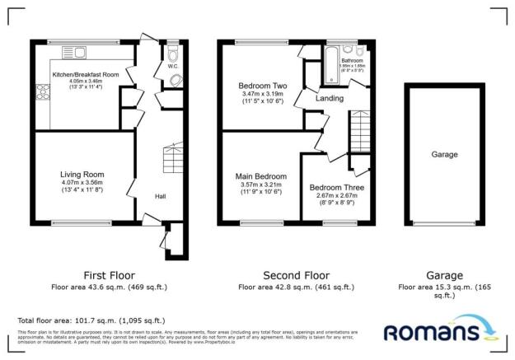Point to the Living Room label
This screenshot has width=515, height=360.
click(81, 174)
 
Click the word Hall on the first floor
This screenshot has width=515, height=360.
click(161, 196)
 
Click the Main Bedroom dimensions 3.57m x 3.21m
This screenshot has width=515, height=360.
click(262, 185)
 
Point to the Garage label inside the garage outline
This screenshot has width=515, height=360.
click(444, 154)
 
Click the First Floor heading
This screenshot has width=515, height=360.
click(109, 274)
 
